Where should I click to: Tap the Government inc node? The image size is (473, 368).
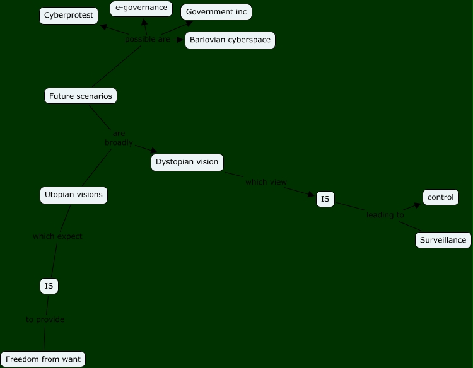[x=216, y=12]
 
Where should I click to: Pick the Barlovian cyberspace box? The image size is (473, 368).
[x=230, y=40]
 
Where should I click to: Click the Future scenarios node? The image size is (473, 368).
[x=81, y=96]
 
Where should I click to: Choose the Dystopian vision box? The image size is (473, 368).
[x=187, y=162]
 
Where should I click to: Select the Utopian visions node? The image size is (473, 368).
[x=74, y=195]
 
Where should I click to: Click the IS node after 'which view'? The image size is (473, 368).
[x=325, y=200]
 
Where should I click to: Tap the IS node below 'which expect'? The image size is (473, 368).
[x=49, y=286]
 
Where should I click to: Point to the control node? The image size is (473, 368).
[x=440, y=198]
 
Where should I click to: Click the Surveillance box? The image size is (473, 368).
[x=443, y=240]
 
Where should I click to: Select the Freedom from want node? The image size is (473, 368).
[x=43, y=359]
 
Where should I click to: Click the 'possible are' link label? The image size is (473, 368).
[x=148, y=39]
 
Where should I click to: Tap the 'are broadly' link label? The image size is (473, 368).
[x=119, y=138]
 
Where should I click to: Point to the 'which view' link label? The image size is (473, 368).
[x=266, y=182]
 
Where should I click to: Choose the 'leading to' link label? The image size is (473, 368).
[x=385, y=215]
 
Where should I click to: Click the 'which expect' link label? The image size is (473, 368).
[x=57, y=236]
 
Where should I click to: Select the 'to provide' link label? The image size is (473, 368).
[x=45, y=319]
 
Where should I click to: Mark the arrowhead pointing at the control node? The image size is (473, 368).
[x=418, y=205]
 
